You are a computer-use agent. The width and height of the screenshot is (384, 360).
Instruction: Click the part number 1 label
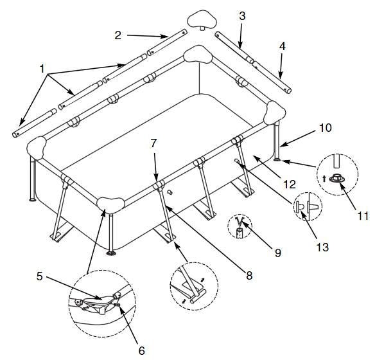42,69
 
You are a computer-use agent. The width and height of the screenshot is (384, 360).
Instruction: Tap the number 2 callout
118,35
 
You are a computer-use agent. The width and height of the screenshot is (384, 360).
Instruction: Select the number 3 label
242,16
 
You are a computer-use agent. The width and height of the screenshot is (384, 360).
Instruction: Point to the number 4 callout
283,46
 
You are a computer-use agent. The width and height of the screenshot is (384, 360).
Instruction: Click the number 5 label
40,276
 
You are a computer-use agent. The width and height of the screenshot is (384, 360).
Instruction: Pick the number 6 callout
141,351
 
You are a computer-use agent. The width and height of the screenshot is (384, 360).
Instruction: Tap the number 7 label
153,143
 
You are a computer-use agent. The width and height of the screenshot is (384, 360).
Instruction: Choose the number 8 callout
249,276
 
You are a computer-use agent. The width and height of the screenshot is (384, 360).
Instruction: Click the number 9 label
277,253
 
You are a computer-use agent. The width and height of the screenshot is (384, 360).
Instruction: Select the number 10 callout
325,128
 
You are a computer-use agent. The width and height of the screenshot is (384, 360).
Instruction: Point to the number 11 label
363,216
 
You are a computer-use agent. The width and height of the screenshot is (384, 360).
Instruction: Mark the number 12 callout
290,184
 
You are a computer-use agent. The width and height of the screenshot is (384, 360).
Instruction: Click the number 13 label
322,247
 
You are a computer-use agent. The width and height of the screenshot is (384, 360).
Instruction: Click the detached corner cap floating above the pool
202,20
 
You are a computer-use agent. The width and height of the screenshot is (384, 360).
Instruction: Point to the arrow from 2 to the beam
147,36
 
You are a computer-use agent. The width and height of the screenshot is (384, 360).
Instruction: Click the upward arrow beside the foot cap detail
324,178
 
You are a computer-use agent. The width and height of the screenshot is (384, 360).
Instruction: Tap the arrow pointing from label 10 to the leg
297,139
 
